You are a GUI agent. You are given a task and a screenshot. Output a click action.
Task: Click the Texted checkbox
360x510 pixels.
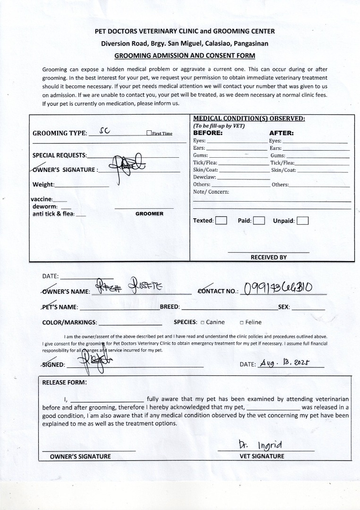click(x=221, y=221)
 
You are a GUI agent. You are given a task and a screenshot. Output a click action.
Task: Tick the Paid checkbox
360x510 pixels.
click(x=258, y=221)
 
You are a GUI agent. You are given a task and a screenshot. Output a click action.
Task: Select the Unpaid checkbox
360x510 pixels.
click(x=302, y=221)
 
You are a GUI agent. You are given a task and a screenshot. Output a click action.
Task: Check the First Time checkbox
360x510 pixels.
click(x=149, y=134)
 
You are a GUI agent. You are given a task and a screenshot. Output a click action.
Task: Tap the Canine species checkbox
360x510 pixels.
click(x=202, y=323)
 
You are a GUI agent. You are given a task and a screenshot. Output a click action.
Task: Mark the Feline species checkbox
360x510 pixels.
click(x=241, y=323)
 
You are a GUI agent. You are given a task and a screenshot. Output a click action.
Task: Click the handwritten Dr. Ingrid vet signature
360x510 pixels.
click(x=260, y=445)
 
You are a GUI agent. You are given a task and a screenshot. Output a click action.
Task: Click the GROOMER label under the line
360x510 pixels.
click(x=149, y=214)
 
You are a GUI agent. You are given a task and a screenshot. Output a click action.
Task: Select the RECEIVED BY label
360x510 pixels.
click(x=268, y=257)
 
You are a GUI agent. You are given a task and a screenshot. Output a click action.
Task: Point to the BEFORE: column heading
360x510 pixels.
click(x=208, y=133)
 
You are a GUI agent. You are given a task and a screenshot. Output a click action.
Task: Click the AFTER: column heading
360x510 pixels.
click(x=282, y=133)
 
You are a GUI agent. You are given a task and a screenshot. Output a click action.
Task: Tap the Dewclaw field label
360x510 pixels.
click(x=205, y=177)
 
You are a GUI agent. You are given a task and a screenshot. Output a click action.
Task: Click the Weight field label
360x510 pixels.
click(x=43, y=185)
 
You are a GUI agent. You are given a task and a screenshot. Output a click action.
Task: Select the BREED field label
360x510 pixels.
click(x=170, y=307)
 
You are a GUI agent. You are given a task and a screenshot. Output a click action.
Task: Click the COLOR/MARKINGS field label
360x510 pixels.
click(x=69, y=323)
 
